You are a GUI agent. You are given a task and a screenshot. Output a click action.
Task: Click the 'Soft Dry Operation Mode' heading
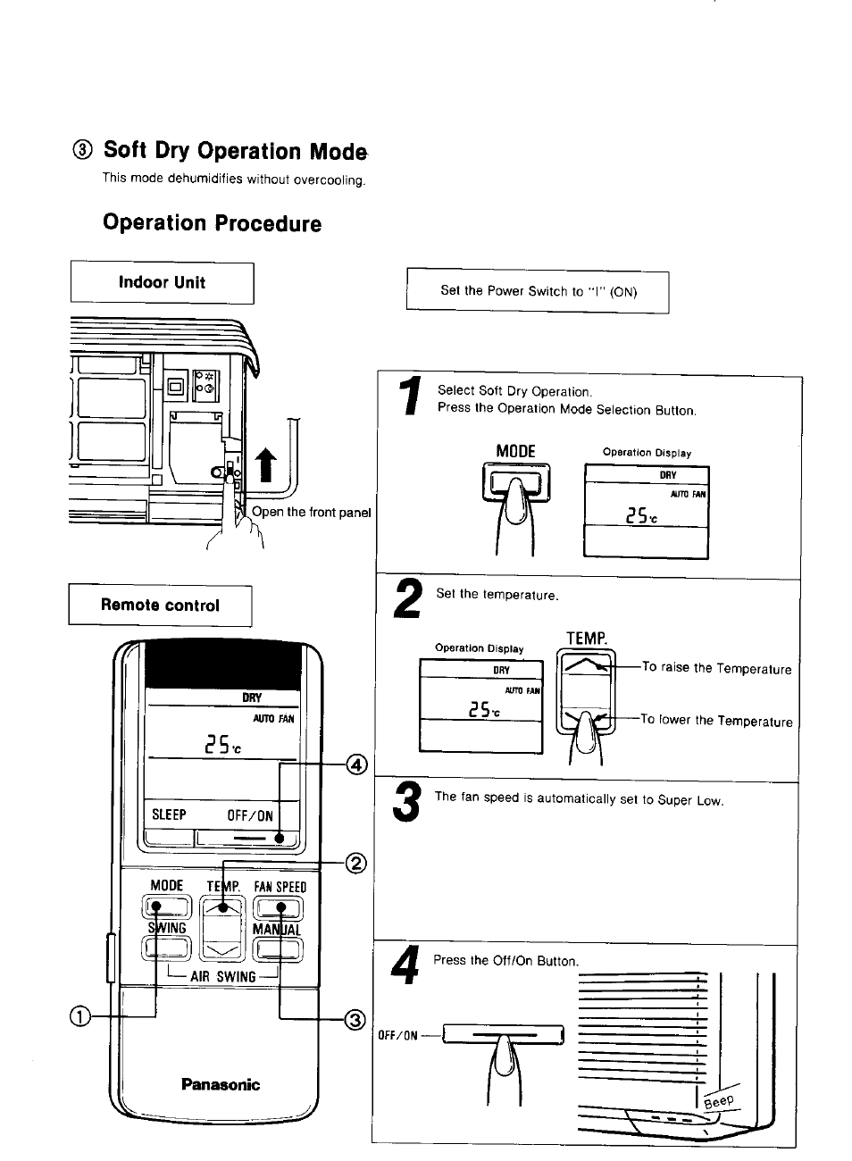[235, 151]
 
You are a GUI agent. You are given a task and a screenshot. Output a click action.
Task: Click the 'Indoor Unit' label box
[162, 283]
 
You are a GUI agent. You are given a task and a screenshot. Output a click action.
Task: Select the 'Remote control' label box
[160, 606]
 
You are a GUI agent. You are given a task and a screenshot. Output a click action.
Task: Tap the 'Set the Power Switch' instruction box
[538, 291]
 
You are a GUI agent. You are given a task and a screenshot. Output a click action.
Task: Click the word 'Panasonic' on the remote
[220, 1084]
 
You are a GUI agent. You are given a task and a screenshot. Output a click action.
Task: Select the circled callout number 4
[356, 764]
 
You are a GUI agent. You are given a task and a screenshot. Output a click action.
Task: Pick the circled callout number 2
[355, 863]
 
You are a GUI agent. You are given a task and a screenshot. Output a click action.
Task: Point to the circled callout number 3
[355, 1019]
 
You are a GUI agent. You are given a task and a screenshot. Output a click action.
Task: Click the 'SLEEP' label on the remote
[169, 814]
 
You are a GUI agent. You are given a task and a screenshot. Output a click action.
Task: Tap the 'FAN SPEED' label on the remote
[280, 886]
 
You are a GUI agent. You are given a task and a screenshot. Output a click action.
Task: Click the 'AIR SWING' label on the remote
[223, 976]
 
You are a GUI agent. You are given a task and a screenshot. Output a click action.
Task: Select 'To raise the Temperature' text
[716, 669]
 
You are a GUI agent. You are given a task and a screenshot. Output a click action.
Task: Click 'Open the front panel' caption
[311, 512]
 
